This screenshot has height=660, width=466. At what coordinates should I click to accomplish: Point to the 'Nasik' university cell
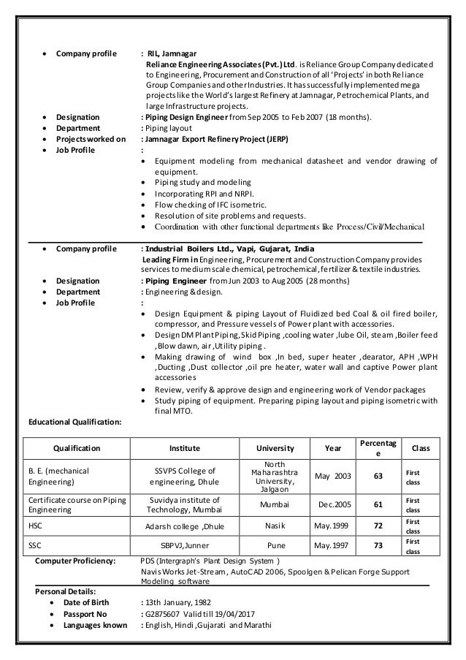click(x=275, y=525)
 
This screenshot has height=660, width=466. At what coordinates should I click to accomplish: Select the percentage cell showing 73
click(x=378, y=545)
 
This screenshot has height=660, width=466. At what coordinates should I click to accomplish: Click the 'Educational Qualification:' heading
click(x=75, y=421)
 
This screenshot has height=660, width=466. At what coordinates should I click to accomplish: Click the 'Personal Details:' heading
click(x=66, y=589)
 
